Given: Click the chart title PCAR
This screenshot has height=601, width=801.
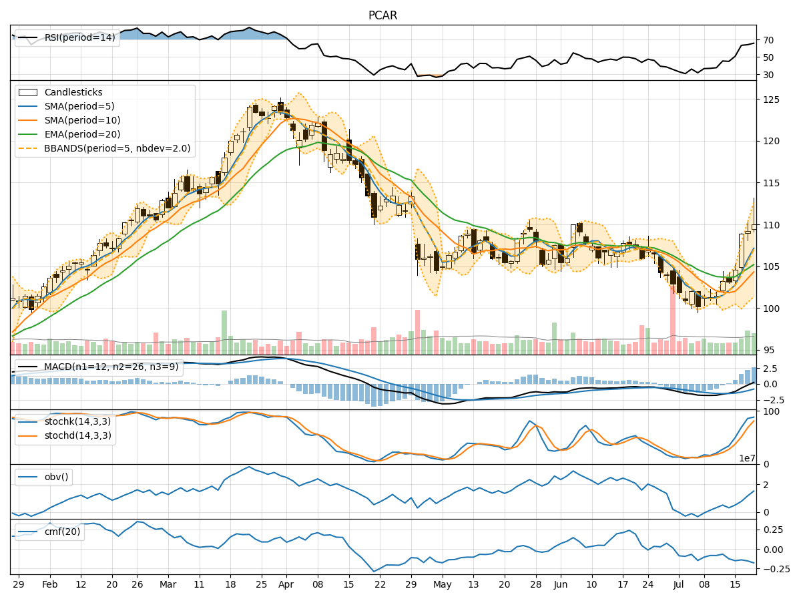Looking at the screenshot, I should pos(382,15).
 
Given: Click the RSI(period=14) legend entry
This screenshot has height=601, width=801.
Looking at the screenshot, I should pos(79,37).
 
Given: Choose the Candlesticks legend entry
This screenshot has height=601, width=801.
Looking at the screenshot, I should pos(73,92).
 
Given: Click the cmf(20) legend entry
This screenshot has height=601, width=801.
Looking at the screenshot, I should pos(63,532).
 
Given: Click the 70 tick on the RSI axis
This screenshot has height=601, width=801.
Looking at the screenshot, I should pos(768,40).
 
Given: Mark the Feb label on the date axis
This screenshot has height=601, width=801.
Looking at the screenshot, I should pos(49,584).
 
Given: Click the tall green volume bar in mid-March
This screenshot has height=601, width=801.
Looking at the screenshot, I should pos(224,332).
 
